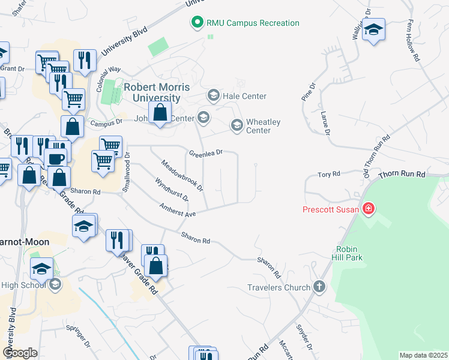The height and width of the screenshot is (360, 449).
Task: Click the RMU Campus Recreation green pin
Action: [x=196, y=23]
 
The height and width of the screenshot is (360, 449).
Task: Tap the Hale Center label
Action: [x=244, y=96]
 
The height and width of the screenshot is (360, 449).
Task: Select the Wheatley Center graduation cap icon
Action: [x=237, y=125]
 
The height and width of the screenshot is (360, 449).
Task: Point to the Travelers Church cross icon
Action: [x=319, y=287]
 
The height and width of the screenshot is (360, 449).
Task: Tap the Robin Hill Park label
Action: [x=358, y=253]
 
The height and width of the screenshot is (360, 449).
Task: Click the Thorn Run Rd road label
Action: [x=402, y=175]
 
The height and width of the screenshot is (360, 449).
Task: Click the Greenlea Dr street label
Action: [x=206, y=152]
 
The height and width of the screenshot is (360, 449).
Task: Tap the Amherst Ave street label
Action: [x=178, y=209]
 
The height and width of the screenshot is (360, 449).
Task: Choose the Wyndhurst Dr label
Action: [x=172, y=189]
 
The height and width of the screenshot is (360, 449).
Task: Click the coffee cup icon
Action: [x=56, y=160]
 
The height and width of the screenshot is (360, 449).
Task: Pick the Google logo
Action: [x=20, y=353]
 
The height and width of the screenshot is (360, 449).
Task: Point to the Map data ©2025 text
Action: [x=423, y=355]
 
